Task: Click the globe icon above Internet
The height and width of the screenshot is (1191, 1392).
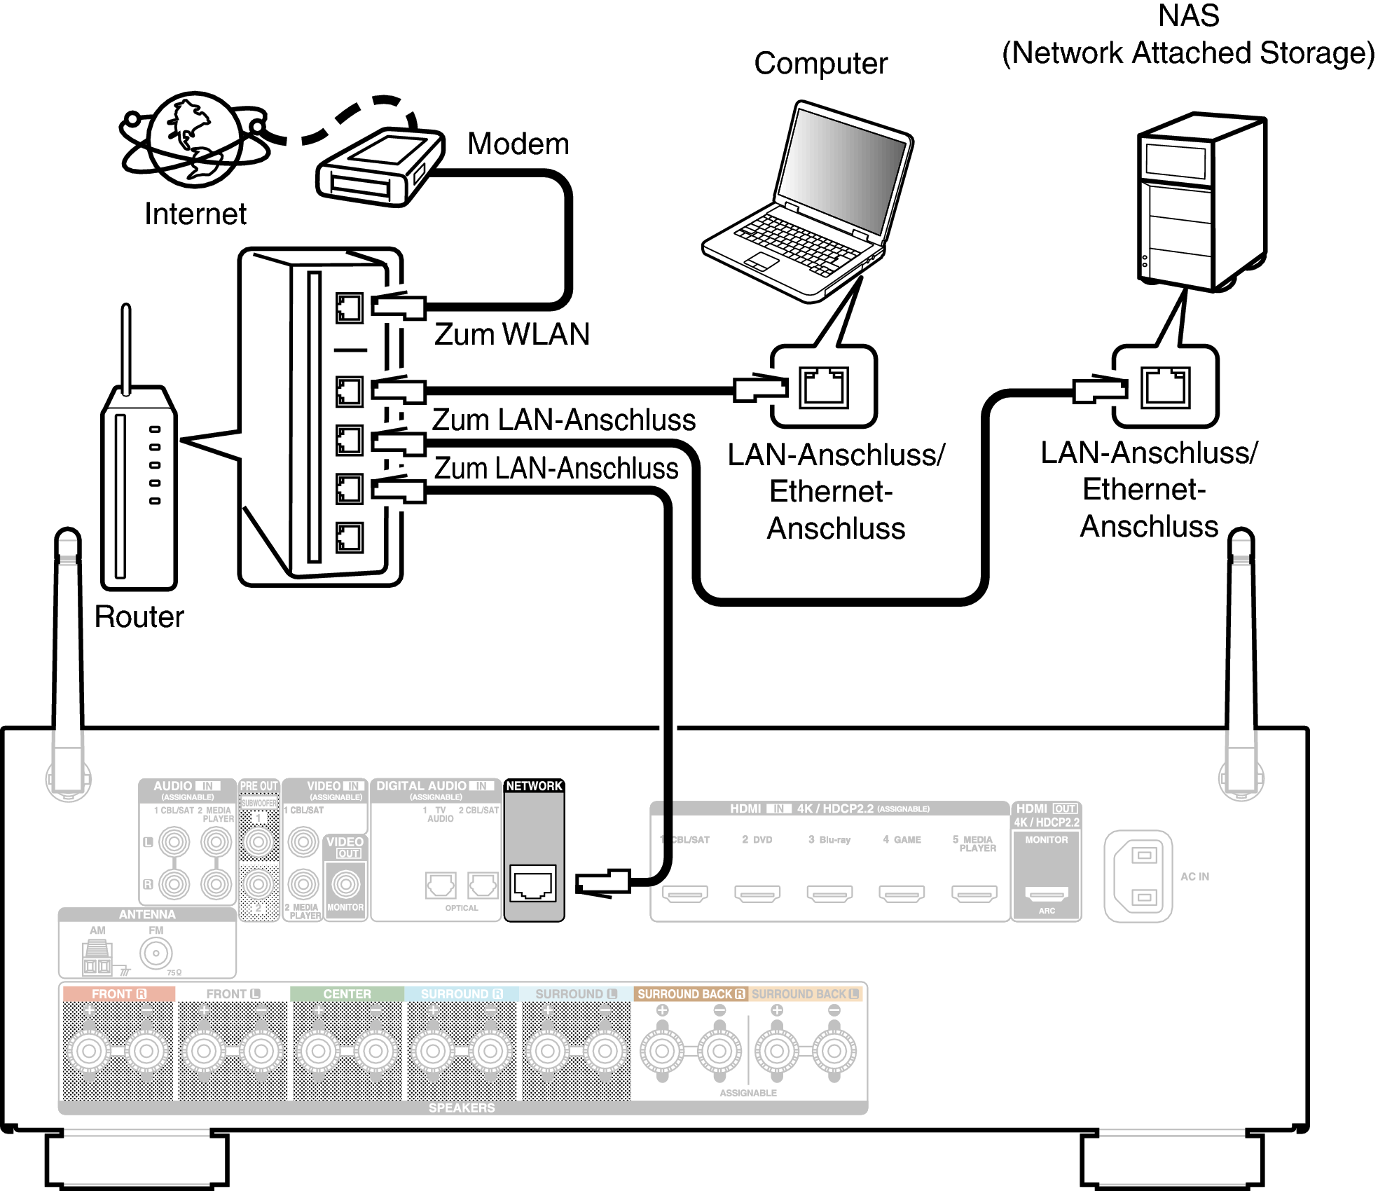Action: coord(194,139)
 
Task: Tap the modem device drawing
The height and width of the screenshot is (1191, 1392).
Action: coord(380,167)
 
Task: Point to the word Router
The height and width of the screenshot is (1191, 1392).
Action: coord(139,617)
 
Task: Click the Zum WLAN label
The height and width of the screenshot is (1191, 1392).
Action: coord(511,334)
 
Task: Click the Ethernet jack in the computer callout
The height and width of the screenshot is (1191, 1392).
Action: coord(825,387)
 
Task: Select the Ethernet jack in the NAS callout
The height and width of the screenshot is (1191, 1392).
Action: coord(1165,387)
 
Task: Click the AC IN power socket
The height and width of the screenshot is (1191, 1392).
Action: coord(1138,876)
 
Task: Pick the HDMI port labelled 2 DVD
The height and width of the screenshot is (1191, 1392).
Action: coord(757,894)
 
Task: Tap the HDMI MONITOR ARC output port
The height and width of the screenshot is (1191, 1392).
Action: coord(1047,893)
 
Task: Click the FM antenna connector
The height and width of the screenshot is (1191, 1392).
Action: coord(156,954)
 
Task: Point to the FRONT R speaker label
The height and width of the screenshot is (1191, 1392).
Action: coord(118,994)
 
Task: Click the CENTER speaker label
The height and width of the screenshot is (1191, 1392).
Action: coord(347,994)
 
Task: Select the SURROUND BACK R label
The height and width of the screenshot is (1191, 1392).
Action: coord(691,994)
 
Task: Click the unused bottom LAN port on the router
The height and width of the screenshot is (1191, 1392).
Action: coord(349,537)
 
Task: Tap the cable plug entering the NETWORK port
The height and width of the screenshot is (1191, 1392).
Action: coord(602,883)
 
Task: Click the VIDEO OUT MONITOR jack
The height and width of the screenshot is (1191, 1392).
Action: coord(345,884)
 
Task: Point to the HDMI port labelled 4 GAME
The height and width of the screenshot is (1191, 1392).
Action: coord(902,894)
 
